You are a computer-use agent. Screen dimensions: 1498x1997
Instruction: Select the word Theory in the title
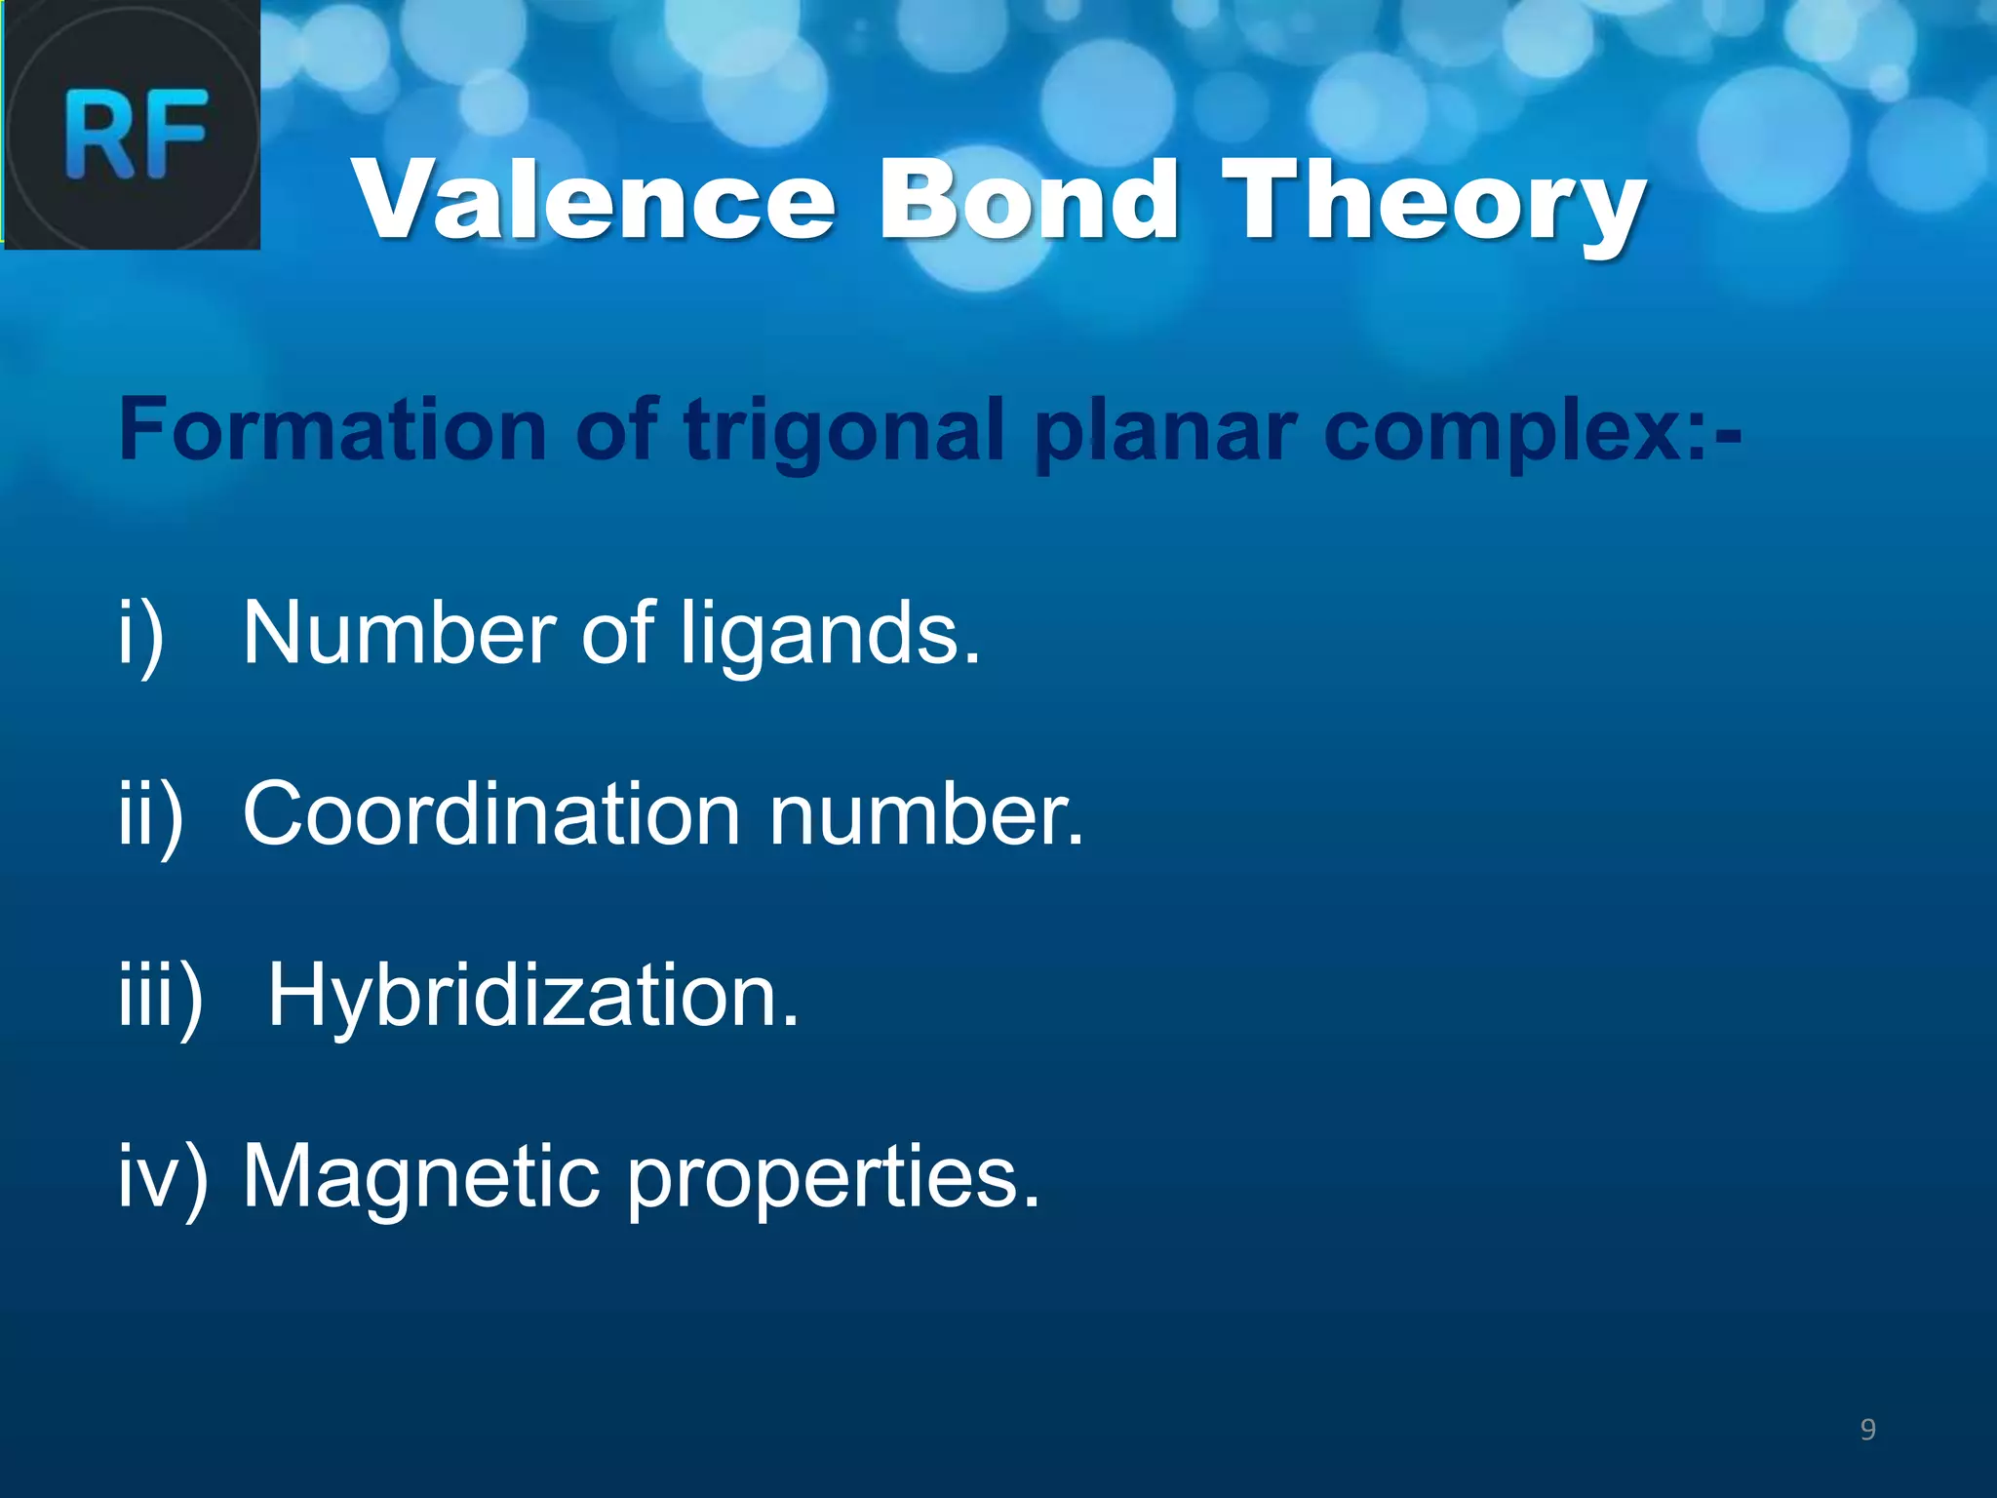tap(1433, 205)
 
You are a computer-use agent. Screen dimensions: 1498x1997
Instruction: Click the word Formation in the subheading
tap(333, 430)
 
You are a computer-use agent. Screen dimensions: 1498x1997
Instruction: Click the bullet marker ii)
tap(150, 817)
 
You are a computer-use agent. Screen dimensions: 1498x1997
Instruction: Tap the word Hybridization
tap(532, 997)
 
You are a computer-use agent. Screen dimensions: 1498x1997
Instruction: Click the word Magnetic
tap(420, 1176)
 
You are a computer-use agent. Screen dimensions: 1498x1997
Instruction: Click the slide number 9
tap(1867, 1430)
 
